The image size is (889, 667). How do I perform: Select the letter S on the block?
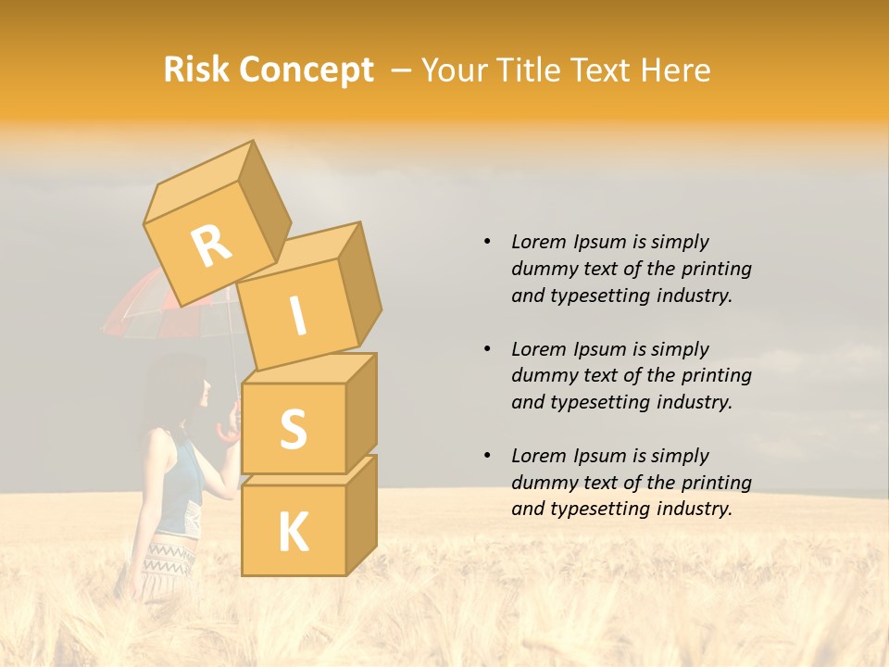click(x=293, y=430)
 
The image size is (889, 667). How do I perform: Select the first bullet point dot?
click(x=487, y=242)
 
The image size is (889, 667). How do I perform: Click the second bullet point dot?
click(x=487, y=349)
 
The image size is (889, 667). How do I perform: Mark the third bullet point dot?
click(x=487, y=456)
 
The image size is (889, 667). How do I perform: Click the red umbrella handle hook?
click(x=226, y=432)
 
